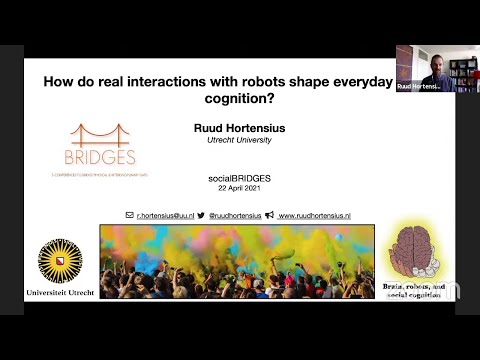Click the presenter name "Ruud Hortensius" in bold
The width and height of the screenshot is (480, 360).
click(231, 128)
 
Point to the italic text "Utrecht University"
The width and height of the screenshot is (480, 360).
click(231, 140)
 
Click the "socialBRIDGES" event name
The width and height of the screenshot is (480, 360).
click(231, 176)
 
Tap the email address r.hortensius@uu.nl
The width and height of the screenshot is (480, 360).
click(165, 215)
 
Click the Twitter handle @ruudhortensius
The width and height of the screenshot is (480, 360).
click(235, 215)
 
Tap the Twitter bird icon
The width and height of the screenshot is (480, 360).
click(201, 215)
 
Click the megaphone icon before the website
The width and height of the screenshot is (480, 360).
click(271, 215)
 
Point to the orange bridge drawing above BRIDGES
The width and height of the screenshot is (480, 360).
click(100, 136)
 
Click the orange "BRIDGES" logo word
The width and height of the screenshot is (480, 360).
click(99, 158)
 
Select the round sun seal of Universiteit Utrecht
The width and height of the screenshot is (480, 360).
click(59, 261)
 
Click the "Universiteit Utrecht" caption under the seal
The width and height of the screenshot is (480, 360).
click(60, 293)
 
